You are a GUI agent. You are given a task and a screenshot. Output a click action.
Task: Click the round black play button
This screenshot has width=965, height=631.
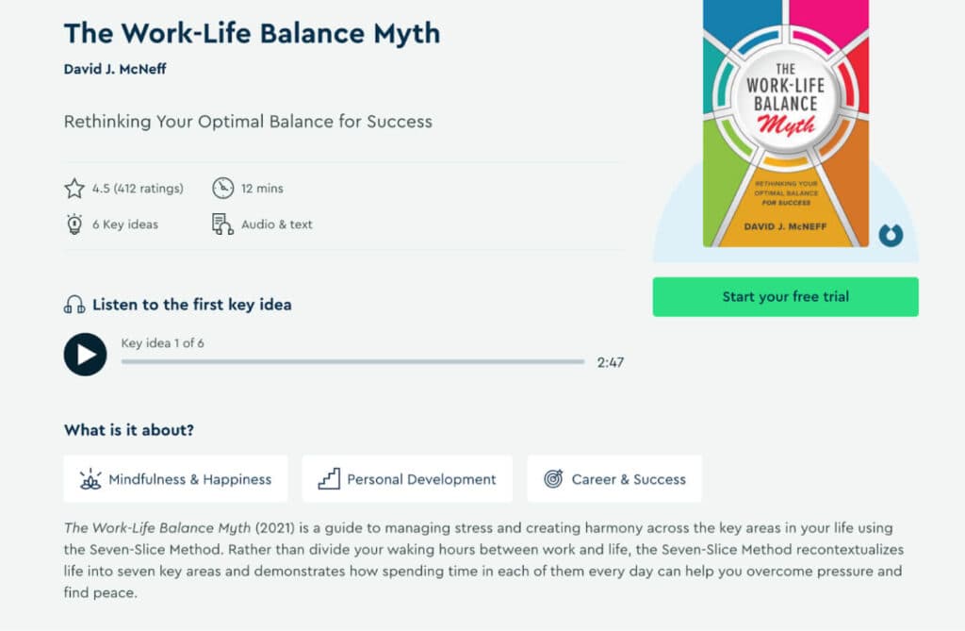(x=85, y=355)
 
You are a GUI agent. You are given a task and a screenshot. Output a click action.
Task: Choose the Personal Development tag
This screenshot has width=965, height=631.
(x=407, y=479)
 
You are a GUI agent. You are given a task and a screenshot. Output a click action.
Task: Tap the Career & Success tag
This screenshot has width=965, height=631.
(x=614, y=479)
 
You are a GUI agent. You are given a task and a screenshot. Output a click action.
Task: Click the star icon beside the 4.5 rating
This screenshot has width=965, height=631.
(x=74, y=189)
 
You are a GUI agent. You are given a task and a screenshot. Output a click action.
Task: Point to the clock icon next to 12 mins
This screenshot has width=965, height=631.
(x=222, y=189)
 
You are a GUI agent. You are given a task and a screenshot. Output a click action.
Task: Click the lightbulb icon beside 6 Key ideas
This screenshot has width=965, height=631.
(x=74, y=224)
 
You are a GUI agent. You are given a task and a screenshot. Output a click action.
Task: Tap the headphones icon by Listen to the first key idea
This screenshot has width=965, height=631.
(x=74, y=305)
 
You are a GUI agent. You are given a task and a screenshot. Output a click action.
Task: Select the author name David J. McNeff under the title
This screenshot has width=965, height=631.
(x=115, y=69)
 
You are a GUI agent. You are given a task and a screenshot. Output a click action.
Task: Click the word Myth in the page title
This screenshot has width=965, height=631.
(x=398, y=33)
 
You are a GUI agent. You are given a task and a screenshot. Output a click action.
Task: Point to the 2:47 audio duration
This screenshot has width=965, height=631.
(x=610, y=362)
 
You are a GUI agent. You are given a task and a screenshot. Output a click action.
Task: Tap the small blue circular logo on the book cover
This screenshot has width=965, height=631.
(x=890, y=235)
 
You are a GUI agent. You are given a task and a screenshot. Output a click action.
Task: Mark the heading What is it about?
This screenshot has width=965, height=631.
(x=129, y=430)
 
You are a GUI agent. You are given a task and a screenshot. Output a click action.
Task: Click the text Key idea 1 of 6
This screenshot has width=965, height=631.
(x=162, y=343)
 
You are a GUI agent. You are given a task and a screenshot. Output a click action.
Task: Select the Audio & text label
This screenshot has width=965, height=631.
(x=277, y=224)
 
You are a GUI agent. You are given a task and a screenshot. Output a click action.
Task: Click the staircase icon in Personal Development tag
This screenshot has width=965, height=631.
(x=329, y=479)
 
